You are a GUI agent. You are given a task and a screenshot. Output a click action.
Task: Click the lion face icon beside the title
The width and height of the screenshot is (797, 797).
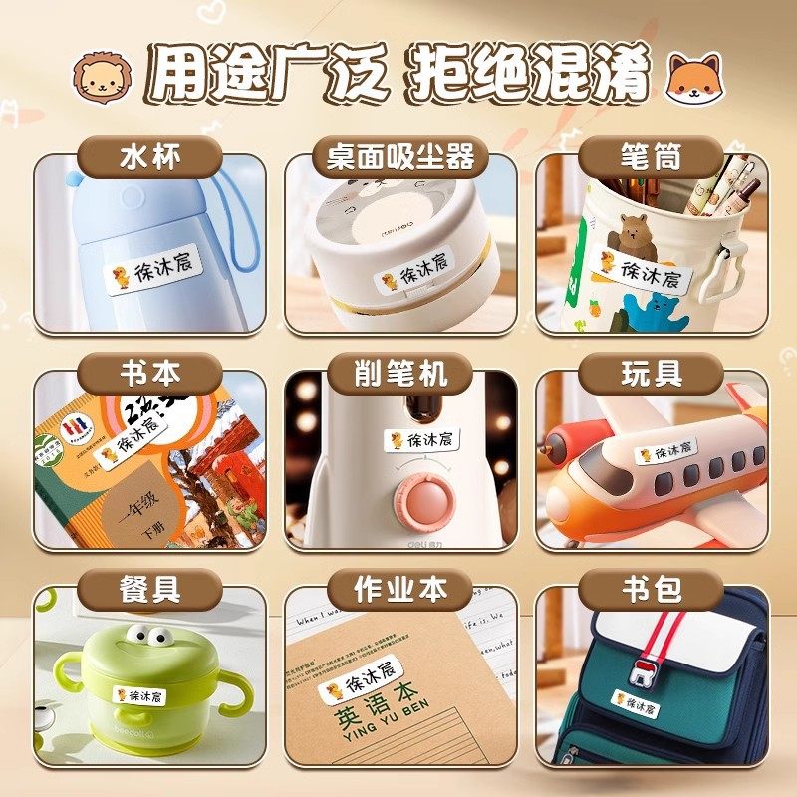click(x=104, y=78)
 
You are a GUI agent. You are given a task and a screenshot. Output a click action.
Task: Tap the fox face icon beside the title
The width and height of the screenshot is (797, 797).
click(x=694, y=78)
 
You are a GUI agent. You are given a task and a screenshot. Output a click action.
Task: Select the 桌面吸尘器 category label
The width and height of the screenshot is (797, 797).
click(x=400, y=156)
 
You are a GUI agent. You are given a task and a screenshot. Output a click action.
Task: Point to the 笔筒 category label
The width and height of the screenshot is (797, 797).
click(x=651, y=156)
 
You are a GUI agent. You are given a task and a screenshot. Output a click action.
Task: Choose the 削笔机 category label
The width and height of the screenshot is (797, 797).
click(x=400, y=374)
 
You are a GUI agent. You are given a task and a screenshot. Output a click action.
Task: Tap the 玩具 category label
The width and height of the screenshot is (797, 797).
click(x=651, y=374)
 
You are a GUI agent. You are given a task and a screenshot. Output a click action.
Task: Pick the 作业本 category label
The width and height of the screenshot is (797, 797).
click(x=400, y=589)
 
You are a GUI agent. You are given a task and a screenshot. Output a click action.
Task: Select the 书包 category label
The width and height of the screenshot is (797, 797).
click(x=651, y=589)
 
